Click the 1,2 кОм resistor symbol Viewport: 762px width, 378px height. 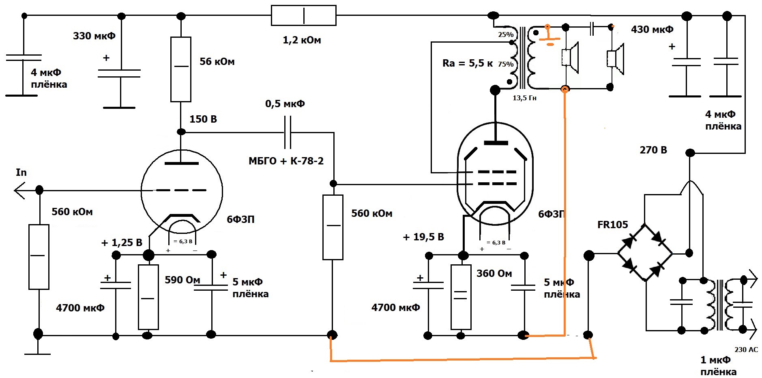[x=303, y=15]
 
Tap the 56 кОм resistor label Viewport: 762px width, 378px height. [x=217, y=61]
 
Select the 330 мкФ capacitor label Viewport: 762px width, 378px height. [x=94, y=36]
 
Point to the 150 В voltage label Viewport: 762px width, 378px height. [x=203, y=119]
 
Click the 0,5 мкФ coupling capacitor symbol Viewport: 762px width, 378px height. [x=288, y=132]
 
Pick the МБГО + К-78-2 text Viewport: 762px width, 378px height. [x=286, y=161]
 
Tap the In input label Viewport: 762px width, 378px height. [x=21, y=172]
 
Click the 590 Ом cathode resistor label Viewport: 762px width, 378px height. [x=182, y=280]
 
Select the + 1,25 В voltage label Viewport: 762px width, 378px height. [x=122, y=243]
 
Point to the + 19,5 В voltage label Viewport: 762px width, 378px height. [x=423, y=237]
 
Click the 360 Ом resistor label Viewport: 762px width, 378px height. [x=494, y=273]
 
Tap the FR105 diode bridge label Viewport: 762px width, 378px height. [x=612, y=225]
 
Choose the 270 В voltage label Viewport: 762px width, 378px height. [x=653, y=150]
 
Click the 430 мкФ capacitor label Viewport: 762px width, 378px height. [x=652, y=29]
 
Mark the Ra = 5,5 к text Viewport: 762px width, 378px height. [x=468, y=63]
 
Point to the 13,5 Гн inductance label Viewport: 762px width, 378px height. [x=524, y=98]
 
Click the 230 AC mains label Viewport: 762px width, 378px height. [x=746, y=350]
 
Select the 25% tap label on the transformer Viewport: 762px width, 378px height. [x=506, y=35]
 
